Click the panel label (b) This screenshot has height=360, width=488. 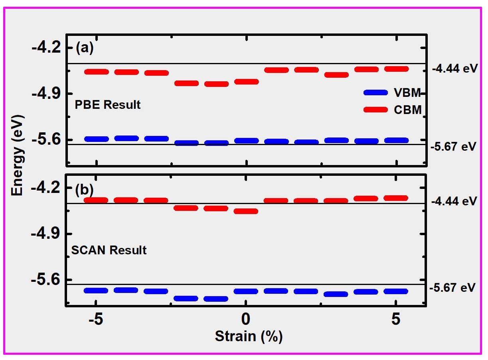click(84, 189)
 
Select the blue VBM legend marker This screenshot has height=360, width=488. click(375, 92)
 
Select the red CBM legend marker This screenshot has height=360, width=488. click(375, 110)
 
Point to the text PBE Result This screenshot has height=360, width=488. click(108, 105)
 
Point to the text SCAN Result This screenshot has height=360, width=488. click(109, 250)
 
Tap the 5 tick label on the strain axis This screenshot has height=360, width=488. click(395, 321)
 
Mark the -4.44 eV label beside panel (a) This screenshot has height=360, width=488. click(454, 68)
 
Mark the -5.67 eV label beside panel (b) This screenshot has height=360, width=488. click(453, 287)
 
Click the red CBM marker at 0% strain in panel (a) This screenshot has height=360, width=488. click(246, 82)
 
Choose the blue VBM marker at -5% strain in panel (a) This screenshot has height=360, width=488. click(96, 139)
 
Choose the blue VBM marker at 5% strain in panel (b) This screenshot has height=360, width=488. click(395, 291)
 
